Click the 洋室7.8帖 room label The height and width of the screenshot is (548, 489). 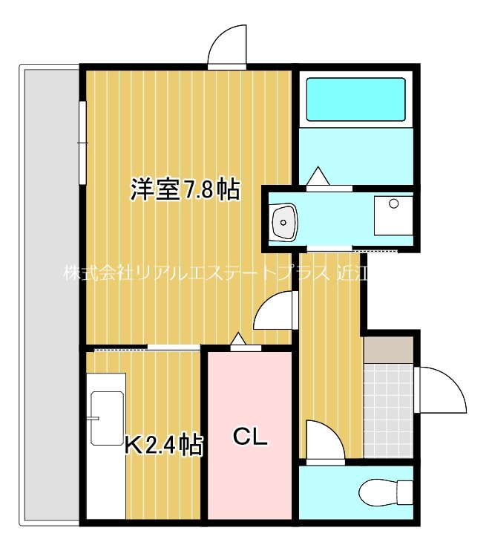pyautogui.click(x=185, y=191)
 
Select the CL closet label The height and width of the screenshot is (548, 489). pyautogui.click(x=250, y=437)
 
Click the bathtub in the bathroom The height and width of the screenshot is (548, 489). pyautogui.click(x=355, y=100)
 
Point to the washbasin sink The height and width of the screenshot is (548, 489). pyautogui.click(x=284, y=221)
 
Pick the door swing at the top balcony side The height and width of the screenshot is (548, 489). pyautogui.click(x=227, y=47)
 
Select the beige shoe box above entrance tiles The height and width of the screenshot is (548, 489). pyautogui.click(x=387, y=350)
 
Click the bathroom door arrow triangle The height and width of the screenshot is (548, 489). pyautogui.click(x=318, y=177)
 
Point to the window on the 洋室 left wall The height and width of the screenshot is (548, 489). pyautogui.click(x=82, y=141)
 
